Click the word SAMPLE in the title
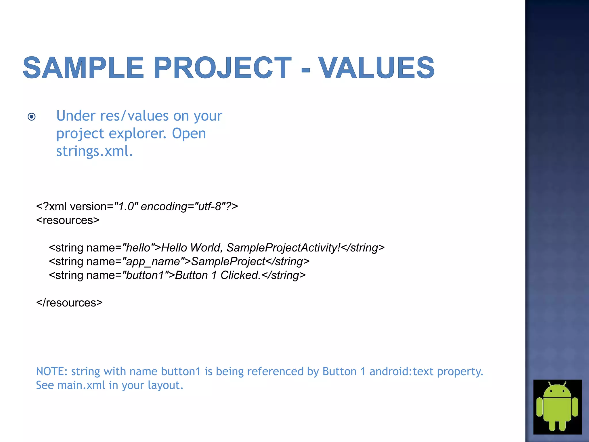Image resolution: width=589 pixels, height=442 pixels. pos(83,68)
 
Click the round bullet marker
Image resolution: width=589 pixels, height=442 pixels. pos(32,117)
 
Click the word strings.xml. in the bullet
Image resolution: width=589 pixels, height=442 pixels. pos(95,151)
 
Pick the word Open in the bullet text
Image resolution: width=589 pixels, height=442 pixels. pos(189,134)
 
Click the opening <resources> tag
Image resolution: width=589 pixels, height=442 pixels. pos(68,220)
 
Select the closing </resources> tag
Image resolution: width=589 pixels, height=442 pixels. pos(69,303)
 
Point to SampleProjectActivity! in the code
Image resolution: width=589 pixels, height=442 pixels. pos(283,248)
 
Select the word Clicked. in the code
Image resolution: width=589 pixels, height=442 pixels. pos(240,275)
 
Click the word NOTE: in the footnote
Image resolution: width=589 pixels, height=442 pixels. pos(52,371)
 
